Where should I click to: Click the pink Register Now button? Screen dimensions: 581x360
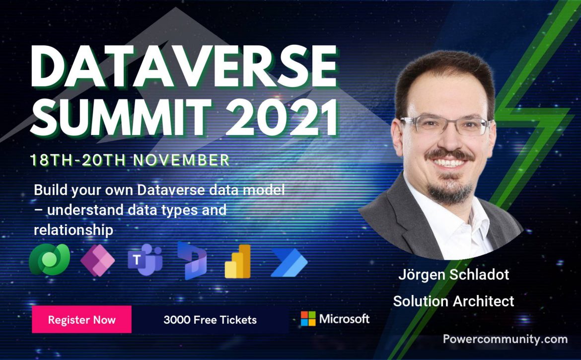pyautogui.click(x=81, y=319)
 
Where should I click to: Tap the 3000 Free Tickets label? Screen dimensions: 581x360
pyautogui.click(x=210, y=320)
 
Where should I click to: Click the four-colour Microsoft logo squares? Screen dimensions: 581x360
pyautogui.click(x=308, y=318)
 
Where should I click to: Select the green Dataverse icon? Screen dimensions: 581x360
pyautogui.click(x=50, y=259)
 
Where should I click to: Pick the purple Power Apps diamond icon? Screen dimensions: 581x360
pyautogui.click(x=98, y=260)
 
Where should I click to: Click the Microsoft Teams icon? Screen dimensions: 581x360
pyautogui.click(x=145, y=260)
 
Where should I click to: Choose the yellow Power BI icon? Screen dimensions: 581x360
pyautogui.click(x=238, y=261)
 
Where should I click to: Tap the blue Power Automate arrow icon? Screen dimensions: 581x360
pyautogui.click(x=289, y=263)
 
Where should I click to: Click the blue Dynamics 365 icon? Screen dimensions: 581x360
pyautogui.click(x=192, y=260)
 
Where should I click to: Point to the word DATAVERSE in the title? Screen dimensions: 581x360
pyautogui.click(x=184, y=67)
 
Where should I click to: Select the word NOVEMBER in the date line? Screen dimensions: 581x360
pyautogui.click(x=182, y=160)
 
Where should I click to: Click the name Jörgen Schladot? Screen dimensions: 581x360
pyautogui.click(x=453, y=275)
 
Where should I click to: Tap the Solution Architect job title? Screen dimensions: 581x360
pyautogui.click(x=453, y=301)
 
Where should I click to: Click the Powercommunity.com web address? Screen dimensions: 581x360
pyautogui.click(x=505, y=339)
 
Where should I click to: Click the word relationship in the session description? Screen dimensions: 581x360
pyautogui.click(x=73, y=230)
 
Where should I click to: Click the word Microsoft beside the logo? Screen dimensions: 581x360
pyautogui.click(x=344, y=319)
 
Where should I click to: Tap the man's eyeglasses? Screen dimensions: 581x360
pyautogui.click(x=446, y=125)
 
